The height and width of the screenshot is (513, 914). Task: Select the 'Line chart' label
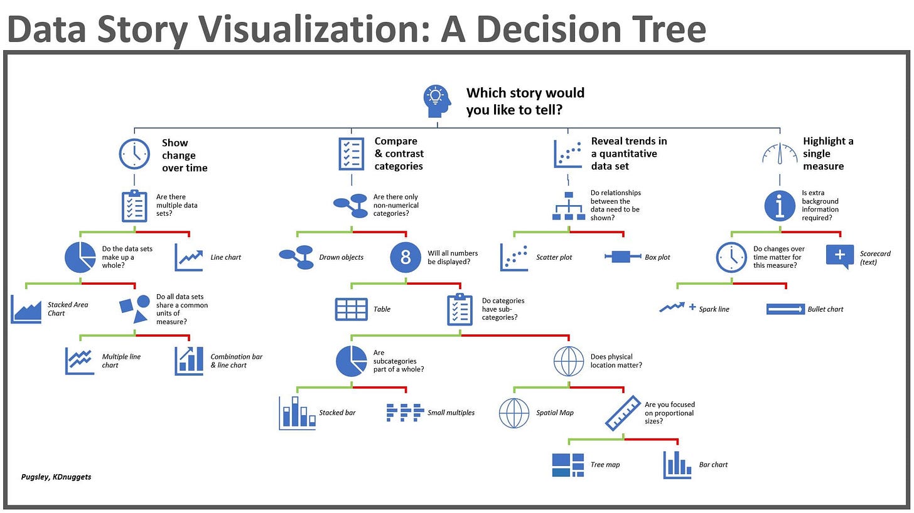(225, 257)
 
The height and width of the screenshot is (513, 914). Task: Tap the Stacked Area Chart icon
(26, 309)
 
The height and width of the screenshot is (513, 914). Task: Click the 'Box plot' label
(657, 257)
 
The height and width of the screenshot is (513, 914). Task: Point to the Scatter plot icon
(514, 257)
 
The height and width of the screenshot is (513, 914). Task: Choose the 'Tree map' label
(605, 465)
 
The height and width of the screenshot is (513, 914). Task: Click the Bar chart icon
(677, 465)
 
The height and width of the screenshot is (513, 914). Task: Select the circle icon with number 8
(406, 257)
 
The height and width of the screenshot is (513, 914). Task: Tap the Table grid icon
(352, 309)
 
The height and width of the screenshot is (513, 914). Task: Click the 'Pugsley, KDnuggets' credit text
(56, 477)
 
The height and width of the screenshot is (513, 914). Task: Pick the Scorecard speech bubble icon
(840, 256)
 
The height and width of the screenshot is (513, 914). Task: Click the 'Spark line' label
(714, 309)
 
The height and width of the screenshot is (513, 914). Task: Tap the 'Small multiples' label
(451, 413)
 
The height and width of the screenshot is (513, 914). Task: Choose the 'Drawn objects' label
(340, 257)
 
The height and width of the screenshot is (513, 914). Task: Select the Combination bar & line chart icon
(189, 361)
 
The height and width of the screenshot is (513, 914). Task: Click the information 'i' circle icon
(780, 206)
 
